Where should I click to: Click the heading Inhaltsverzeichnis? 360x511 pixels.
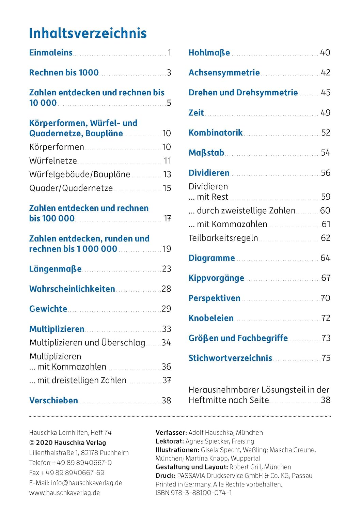(x=88, y=33)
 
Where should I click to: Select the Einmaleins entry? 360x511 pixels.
(x=51, y=52)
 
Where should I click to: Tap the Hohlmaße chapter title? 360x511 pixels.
(x=209, y=52)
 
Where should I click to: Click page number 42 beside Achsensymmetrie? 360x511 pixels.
(x=325, y=73)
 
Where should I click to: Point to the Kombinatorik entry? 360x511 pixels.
(x=215, y=133)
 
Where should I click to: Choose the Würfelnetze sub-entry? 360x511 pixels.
(x=53, y=160)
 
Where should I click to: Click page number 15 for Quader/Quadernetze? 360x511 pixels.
(x=167, y=188)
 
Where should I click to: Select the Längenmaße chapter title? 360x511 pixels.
(x=55, y=269)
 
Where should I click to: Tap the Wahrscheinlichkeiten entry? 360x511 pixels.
(x=72, y=289)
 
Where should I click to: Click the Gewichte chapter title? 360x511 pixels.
(x=48, y=309)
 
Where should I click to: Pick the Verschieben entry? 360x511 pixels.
(x=53, y=400)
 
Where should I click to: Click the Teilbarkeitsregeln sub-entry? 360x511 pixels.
(x=223, y=238)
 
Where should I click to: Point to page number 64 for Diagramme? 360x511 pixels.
(x=325, y=258)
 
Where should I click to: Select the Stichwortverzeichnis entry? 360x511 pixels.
(x=230, y=358)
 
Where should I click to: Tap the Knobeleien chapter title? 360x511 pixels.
(x=211, y=318)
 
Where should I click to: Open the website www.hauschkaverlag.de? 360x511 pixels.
(x=64, y=493)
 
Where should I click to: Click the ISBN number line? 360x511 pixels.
(x=193, y=493)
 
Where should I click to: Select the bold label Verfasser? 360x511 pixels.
(x=171, y=433)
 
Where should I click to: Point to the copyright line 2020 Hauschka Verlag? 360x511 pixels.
(x=67, y=443)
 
